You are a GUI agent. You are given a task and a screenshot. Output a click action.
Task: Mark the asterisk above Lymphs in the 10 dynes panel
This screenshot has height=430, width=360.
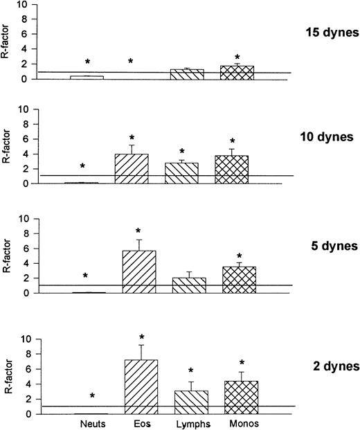point(182,151)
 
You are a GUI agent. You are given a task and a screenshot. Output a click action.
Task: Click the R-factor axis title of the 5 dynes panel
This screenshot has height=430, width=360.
point(8,256)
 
